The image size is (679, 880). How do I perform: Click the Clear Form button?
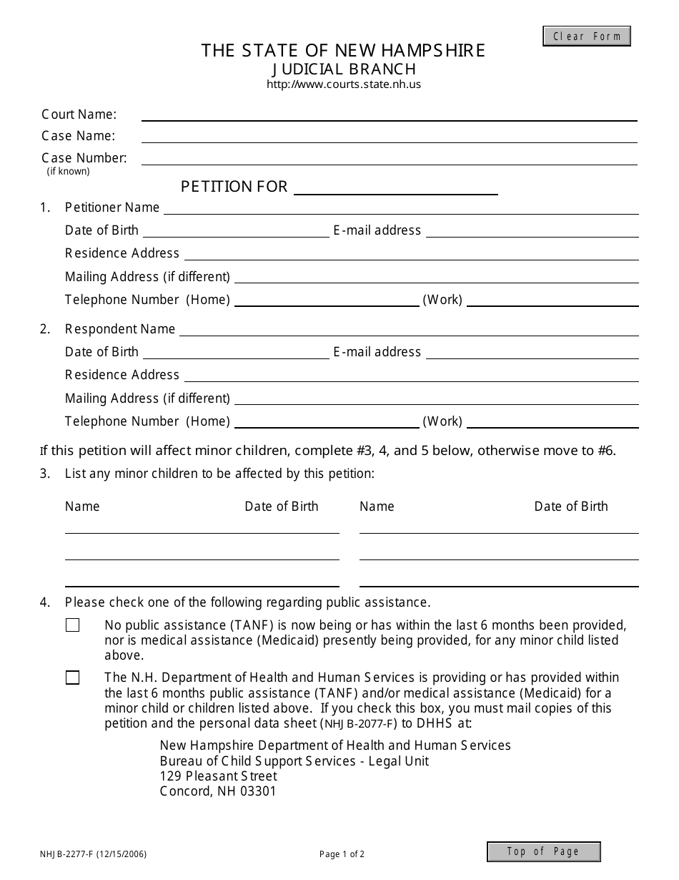click(587, 36)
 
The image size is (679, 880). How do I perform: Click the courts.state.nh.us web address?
click(343, 84)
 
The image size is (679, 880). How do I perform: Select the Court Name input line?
click(389, 114)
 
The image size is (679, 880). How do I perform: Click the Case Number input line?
click(389, 158)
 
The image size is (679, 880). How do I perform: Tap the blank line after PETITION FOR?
click(396, 187)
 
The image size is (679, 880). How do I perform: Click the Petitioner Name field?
click(400, 207)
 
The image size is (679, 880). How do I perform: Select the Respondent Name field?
click(408, 329)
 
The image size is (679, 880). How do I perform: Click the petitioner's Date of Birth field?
click(236, 230)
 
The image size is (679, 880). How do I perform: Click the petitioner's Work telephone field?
click(552, 300)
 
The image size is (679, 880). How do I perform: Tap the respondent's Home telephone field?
click(327, 421)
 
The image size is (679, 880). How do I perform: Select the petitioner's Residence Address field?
click(411, 253)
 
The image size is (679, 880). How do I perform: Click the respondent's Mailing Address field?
click(436, 399)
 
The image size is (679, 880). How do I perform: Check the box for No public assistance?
click(73, 625)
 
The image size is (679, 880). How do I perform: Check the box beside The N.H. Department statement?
click(73, 678)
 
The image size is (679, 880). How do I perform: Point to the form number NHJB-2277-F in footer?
click(94, 854)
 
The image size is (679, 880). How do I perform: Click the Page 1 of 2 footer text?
click(342, 854)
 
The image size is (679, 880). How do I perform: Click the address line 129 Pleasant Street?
click(219, 776)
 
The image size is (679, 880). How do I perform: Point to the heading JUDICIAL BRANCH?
click(343, 69)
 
